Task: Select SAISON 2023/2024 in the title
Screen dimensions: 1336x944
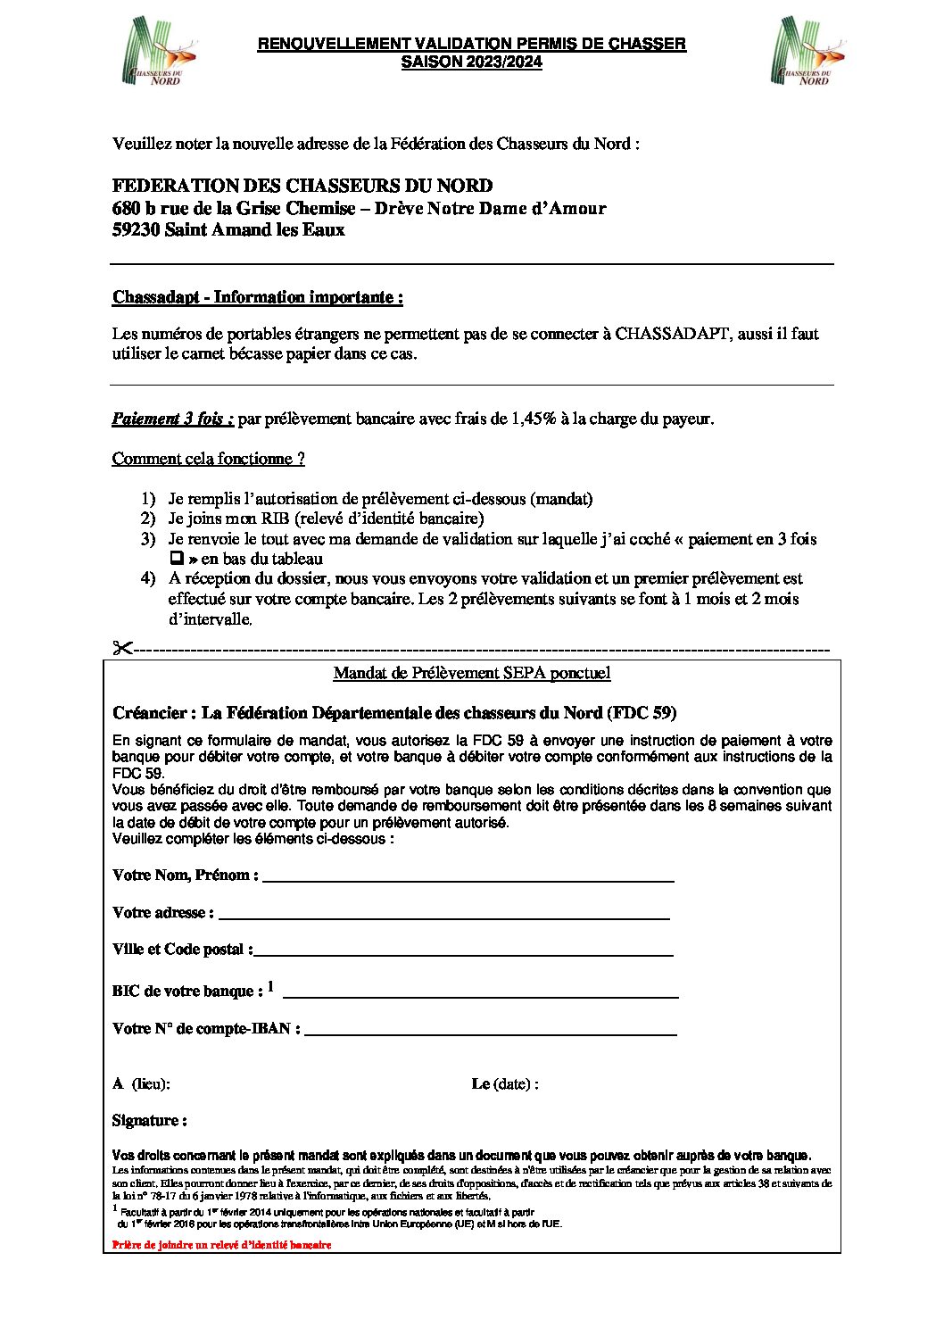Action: pos(471,62)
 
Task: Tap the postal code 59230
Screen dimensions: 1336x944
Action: pos(136,229)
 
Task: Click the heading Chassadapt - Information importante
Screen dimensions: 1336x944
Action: pos(257,297)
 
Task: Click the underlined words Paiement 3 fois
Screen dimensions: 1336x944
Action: pos(173,419)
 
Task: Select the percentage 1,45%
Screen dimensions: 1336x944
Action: pos(534,419)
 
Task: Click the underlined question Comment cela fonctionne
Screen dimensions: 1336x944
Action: pos(208,459)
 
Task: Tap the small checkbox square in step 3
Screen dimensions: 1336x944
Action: pos(176,559)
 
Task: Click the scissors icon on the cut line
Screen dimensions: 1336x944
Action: pos(122,647)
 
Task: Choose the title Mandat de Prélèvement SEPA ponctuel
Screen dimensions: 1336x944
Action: pos(471,673)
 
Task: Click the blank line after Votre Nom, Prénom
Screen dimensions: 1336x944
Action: pos(468,879)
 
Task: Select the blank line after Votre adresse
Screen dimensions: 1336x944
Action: pos(443,917)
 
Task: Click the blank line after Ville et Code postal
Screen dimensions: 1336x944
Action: pos(463,954)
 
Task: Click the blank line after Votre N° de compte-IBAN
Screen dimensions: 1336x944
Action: pos(491,1033)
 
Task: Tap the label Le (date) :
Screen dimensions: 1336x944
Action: pos(504,1084)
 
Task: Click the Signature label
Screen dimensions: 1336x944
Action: pos(149,1121)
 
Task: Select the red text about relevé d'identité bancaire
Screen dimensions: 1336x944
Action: pos(221,1245)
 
